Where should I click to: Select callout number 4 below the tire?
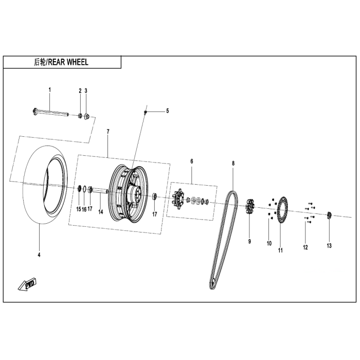39,255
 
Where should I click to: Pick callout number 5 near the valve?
167,111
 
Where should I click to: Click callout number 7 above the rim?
108,132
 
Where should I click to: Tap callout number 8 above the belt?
233,163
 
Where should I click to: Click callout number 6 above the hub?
192,161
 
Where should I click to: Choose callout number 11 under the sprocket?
281,250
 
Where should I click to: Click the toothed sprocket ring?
281,211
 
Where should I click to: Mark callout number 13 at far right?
329,246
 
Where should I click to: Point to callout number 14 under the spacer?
101,211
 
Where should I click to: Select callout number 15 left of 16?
79,209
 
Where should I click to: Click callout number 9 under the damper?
249,241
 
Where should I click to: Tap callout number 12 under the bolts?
305,247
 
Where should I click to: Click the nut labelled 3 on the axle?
86,117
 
